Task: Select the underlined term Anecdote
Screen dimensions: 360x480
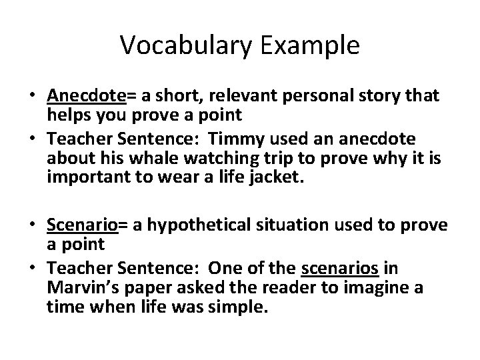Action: [x=86, y=97]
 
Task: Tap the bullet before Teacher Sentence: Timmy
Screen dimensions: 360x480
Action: [x=33, y=138]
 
